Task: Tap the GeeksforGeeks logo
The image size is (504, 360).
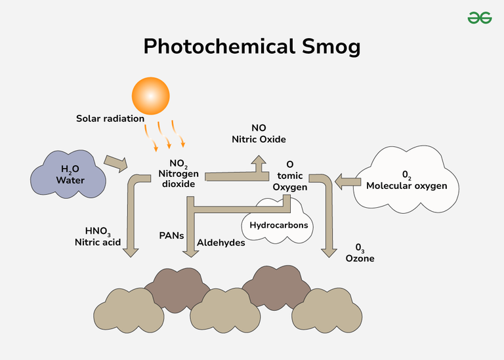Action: [x=480, y=18]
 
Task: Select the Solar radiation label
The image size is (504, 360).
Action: [x=110, y=119]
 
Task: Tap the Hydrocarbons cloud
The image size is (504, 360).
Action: [x=278, y=224]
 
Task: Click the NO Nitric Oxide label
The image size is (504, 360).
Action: [x=259, y=134]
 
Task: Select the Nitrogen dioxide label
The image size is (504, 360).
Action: [x=177, y=174]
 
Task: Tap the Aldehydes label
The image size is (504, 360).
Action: [x=221, y=243]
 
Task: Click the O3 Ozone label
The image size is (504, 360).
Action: [x=360, y=253]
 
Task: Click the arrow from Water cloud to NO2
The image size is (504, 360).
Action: [x=117, y=163]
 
